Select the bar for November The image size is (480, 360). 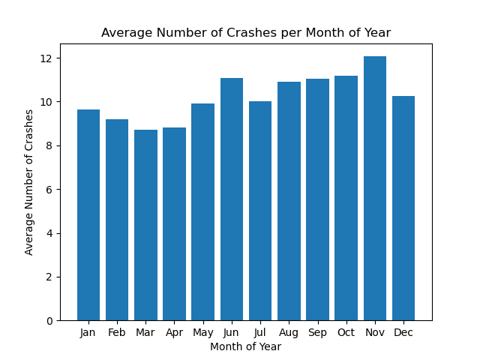pyautogui.click(x=375, y=188)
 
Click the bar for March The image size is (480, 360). pyautogui.click(x=145, y=225)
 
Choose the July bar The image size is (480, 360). pyautogui.click(x=260, y=211)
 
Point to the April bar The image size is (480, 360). pyautogui.click(x=174, y=224)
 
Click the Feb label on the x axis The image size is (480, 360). pyautogui.click(x=117, y=332)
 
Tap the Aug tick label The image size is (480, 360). pyautogui.click(x=289, y=332)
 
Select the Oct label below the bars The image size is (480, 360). pyautogui.click(x=346, y=332)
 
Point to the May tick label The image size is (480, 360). pyautogui.click(x=202, y=332)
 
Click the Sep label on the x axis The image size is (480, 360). pyautogui.click(x=317, y=332)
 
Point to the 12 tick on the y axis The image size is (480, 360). pyautogui.click(x=46, y=58)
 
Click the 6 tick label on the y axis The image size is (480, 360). pyautogui.click(x=49, y=190)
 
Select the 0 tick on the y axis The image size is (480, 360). pyautogui.click(x=49, y=321)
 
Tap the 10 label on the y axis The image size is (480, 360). pyautogui.click(x=46, y=102)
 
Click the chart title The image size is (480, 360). pyautogui.click(x=246, y=33)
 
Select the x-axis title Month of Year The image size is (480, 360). pyautogui.click(x=246, y=346)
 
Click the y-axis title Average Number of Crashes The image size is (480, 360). pyautogui.click(x=30, y=182)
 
